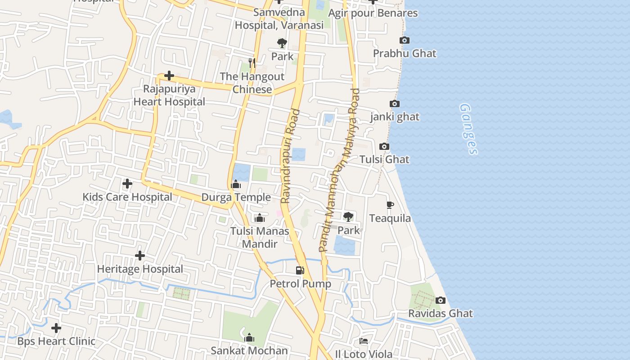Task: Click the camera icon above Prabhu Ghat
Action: pos(405,40)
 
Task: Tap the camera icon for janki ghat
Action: pos(395,104)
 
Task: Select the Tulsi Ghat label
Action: pos(384,159)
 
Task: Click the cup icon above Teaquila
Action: pos(390,205)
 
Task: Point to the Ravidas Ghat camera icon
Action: pos(441,300)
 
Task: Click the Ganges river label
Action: pos(468,129)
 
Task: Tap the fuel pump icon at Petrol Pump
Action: pos(300,270)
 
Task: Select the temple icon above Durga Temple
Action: pos(236,184)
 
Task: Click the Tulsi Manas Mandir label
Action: pos(260,238)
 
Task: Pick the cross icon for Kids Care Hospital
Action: pos(127,184)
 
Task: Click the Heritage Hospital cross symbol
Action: pos(140,256)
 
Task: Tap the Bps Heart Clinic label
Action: pos(56,341)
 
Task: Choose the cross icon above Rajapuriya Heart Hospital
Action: pos(169,76)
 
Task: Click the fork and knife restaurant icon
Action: pos(252,63)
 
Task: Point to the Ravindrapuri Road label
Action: pos(290,156)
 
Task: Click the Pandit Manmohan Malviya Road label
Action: pos(340,170)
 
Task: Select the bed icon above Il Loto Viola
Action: pos(364,341)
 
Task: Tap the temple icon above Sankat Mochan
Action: pos(249,337)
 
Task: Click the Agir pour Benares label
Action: pos(373,13)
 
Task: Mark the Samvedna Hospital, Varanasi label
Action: pos(279,19)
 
